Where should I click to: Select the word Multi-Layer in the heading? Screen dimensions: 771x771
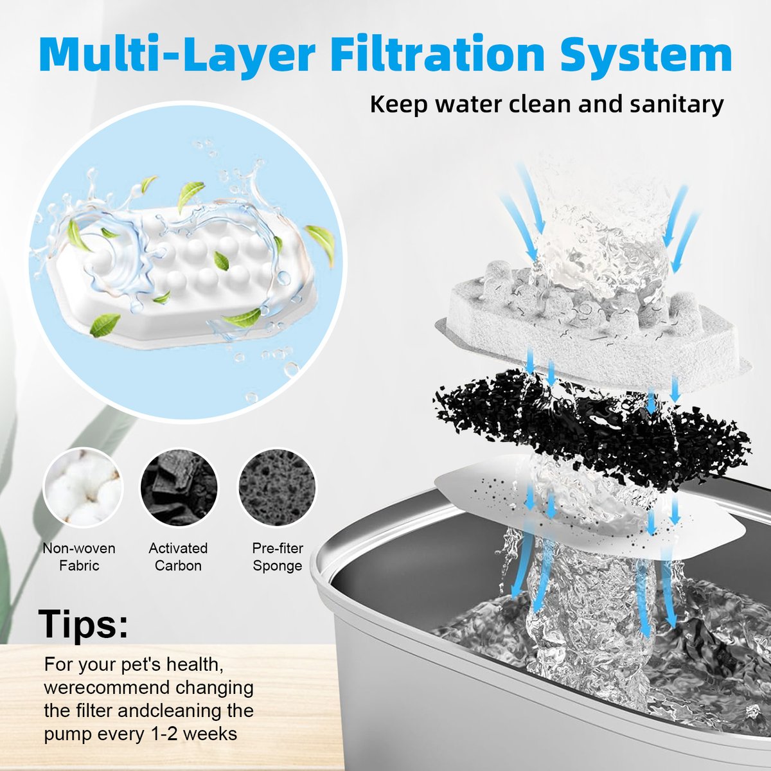(177, 58)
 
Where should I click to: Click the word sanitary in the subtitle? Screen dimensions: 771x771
(676, 105)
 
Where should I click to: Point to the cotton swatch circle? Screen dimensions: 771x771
(84, 487)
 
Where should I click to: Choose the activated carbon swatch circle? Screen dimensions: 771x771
(179, 487)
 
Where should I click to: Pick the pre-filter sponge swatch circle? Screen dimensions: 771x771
(277, 487)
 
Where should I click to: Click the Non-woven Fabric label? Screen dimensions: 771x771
(79, 557)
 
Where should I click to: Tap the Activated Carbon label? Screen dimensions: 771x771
(178, 557)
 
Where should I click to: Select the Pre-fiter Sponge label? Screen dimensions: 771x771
(278, 557)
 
